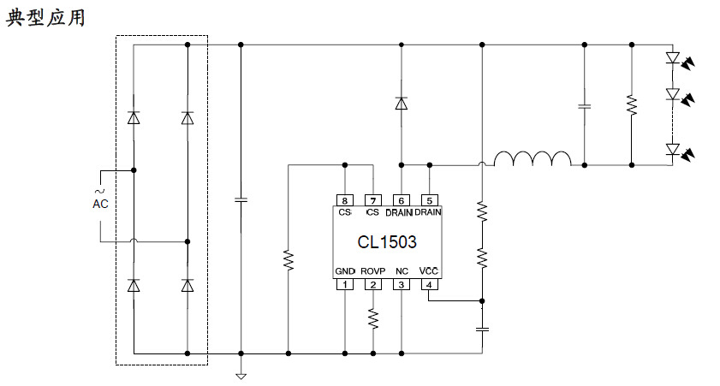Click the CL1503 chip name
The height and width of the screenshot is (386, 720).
click(389, 242)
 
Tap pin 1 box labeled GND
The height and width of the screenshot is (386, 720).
click(344, 284)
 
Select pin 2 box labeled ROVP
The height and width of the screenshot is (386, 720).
click(372, 284)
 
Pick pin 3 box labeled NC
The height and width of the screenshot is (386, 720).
click(401, 284)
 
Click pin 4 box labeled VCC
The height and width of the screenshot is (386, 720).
click(429, 284)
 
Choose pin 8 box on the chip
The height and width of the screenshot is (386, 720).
click(344, 200)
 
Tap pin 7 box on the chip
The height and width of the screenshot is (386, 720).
click(372, 200)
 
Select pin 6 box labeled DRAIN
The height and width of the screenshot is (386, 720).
click(401, 200)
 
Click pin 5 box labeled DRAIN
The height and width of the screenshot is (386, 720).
click(429, 200)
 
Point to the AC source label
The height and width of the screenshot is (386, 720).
click(101, 204)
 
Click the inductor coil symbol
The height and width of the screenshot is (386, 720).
click(532, 159)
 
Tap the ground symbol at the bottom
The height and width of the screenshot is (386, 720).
click(241, 373)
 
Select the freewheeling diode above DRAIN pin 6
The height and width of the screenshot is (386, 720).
click(401, 104)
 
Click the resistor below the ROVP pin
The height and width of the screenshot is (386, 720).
click(372, 318)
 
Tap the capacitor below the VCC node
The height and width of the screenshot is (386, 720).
click(482, 328)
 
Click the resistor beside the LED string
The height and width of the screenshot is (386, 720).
click(631, 104)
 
